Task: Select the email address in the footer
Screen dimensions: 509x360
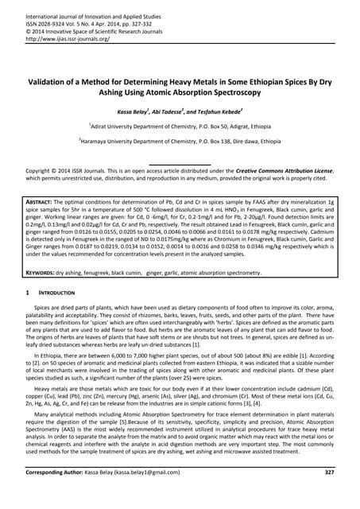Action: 161,495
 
